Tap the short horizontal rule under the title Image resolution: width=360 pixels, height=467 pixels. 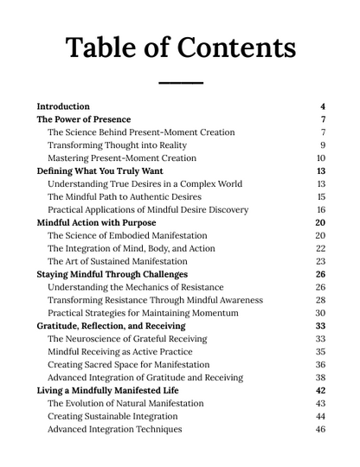pos(180,83)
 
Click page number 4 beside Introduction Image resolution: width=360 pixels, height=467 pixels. pos(322,106)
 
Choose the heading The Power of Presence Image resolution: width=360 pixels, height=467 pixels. pos(84,119)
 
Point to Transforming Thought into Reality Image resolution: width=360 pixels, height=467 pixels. pos(117,145)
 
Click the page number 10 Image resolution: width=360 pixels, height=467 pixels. pos(321,158)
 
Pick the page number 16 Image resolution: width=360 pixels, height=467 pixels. pos(321,210)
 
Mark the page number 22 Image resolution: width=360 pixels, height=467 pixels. pos(321,248)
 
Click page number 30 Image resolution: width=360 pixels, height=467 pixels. pos(321,313)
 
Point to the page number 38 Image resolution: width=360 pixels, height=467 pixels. pos(321,377)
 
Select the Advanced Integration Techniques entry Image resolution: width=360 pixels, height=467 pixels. pos(115,429)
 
